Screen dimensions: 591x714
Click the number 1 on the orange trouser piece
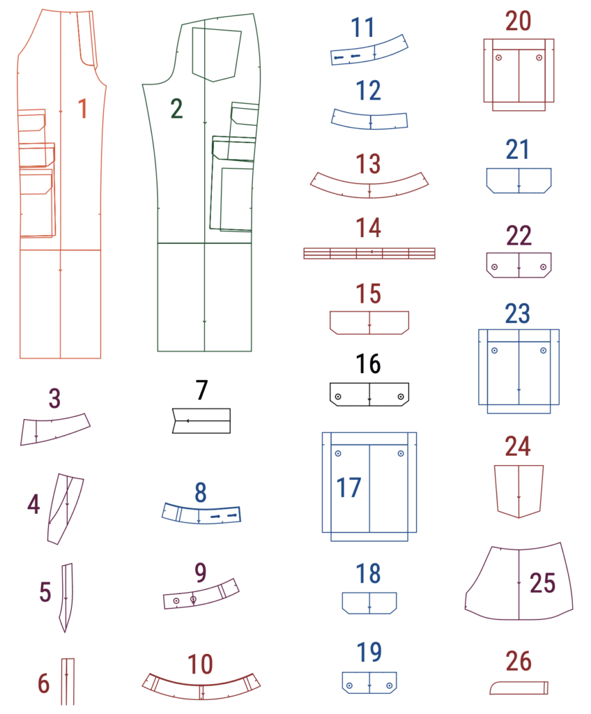[x=82, y=108]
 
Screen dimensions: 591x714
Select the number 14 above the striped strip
[x=369, y=228]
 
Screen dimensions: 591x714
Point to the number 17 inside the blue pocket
[x=348, y=487]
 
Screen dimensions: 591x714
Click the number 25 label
[x=542, y=583]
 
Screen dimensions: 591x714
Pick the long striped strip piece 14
[x=369, y=253]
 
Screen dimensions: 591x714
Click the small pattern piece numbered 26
[x=519, y=688]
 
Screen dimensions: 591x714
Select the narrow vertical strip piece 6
[x=68, y=682]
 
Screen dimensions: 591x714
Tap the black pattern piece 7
[x=201, y=420]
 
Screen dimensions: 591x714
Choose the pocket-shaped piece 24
[x=519, y=492]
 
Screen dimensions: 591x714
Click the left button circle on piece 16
[x=338, y=397]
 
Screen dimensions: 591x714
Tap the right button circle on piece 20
[x=539, y=58]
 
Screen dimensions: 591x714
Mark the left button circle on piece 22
[x=494, y=267]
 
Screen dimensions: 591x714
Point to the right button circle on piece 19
[x=390, y=686]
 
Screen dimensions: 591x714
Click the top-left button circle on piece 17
[x=338, y=453]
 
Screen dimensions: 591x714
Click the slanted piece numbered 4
[x=66, y=509]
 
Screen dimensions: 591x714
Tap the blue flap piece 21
[x=519, y=181]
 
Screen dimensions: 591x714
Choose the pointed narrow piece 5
[x=67, y=598]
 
